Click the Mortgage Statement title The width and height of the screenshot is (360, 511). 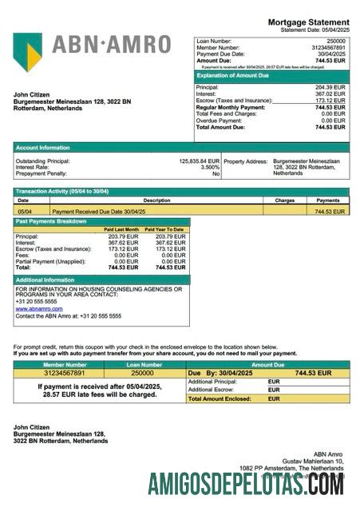[x=307, y=22]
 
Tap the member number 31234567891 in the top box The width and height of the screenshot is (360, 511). [x=328, y=47]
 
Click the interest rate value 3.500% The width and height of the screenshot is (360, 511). [x=209, y=167]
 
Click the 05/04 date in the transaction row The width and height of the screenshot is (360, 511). [x=24, y=212]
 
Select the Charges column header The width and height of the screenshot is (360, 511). [x=284, y=200]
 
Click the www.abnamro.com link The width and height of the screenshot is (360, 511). [x=39, y=308]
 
